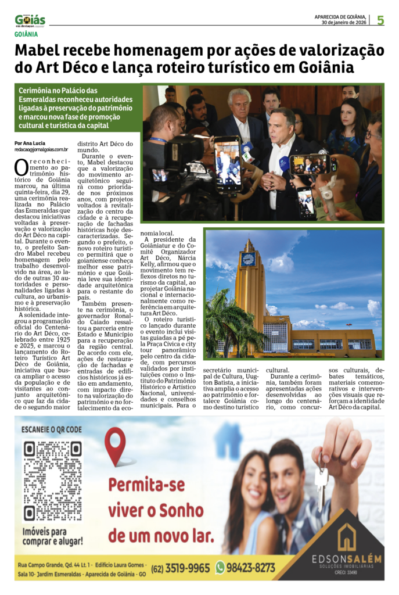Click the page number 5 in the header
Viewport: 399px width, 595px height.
[380, 20]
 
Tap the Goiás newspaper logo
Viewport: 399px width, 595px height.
[30, 21]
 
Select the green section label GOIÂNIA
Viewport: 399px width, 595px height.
[29, 35]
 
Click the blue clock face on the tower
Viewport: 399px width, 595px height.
[249, 259]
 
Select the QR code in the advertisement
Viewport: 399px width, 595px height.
[52, 481]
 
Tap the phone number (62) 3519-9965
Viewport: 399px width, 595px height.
[181, 568]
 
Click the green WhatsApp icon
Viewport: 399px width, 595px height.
[220, 568]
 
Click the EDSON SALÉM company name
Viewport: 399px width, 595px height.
[347, 559]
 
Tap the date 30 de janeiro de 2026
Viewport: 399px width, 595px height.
[343, 23]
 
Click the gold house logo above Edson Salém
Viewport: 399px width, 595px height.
[347, 537]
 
